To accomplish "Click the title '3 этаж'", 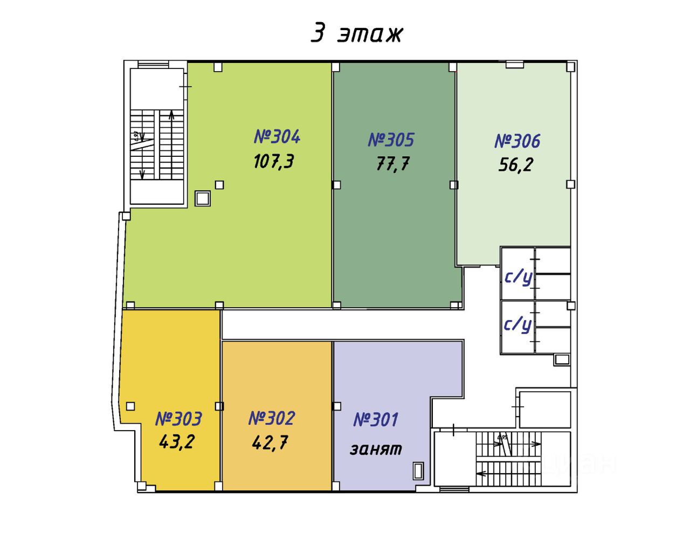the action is pyautogui.click(x=356, y=33).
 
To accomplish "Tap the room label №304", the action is pyautogui.click(x=277, y=136).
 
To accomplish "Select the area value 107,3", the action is pyautogui.click(x=274, y=161).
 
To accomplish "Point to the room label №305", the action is pyautogui.click(x=391, y=140).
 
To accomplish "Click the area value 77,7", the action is pyautogui.click(x=393, y=163).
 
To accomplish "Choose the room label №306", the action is pyautogui.click(x=517, y=141).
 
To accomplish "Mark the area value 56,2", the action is pyautogui.click(x=515, y=164).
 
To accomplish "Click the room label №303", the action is pyautogui.click(x=178, y=419).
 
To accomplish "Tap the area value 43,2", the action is pyautogui.click(x=177, y=442).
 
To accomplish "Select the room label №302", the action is pyautogui.click(x=272, y=418).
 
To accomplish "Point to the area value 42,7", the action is pyautogui.click(x=270, y=442).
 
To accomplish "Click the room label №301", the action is pyautogui.click(x=376, y=419).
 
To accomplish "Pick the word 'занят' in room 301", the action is pyautogui.click(x=376, y=449).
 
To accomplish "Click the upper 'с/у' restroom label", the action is pyautogui.click(x=518, y=276).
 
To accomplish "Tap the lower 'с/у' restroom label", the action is pyautogui.click(x=517, y=324).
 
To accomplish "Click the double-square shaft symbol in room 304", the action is pyautogui.click(x=203, y=198).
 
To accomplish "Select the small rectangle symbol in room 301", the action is pyautogui.click(x=418, y=471).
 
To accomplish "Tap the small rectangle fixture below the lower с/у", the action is pyautogui.click(x=562, y=359).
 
